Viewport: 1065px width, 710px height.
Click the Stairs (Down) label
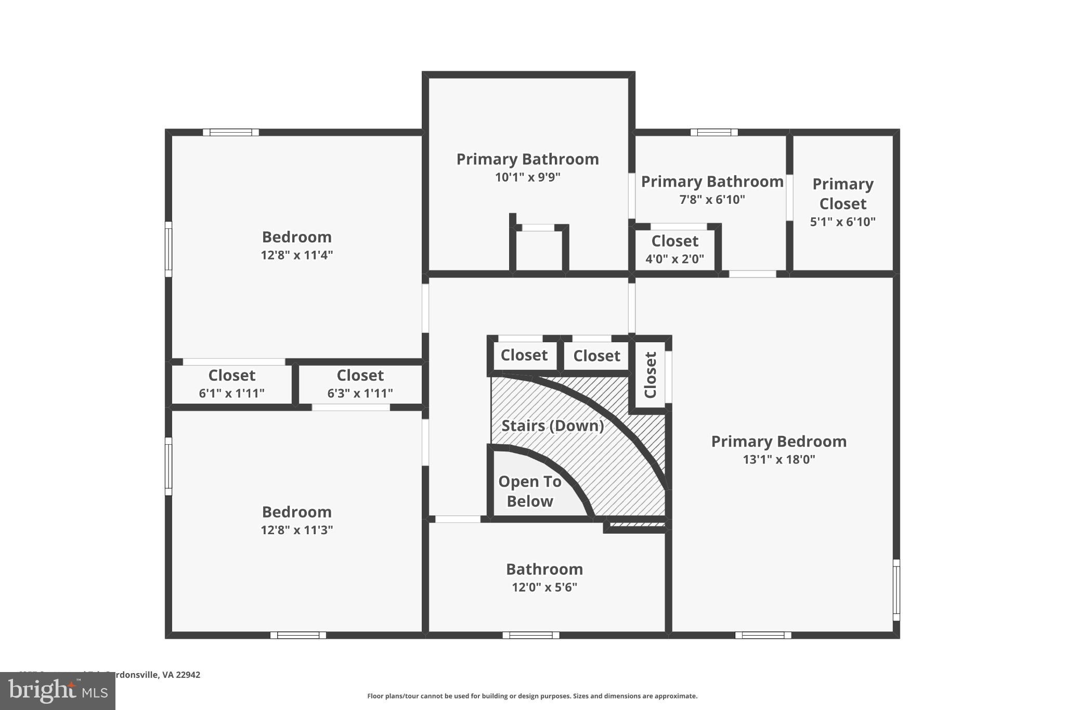point(552,425)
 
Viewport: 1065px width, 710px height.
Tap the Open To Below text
point(529,491)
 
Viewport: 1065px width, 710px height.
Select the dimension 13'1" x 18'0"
point(778,459)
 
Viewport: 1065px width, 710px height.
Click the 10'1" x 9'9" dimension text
point(527,177)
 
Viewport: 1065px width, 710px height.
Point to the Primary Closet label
point(842,193)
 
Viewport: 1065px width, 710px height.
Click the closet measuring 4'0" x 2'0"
point(674,249)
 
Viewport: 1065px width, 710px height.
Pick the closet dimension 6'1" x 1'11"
point(231,393)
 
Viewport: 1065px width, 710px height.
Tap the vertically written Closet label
point(651,375)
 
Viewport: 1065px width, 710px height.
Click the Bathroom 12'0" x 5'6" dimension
point(544,587)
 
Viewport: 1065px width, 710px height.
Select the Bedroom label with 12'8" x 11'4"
point(296,237)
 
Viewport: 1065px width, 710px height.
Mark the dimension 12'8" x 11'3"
point(296,530)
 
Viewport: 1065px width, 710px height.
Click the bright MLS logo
point(58,691)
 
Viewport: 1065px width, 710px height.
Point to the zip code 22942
point(188,675)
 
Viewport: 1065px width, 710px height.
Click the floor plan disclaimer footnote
point(532,696)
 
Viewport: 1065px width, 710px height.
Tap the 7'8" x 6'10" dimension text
point(712,200)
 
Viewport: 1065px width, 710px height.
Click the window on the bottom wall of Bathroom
point(530,635)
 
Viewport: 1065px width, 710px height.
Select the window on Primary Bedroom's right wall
point(896,590)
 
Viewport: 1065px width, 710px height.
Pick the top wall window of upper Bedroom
point(230,132)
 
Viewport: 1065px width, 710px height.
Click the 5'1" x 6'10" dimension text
point(842,222)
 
